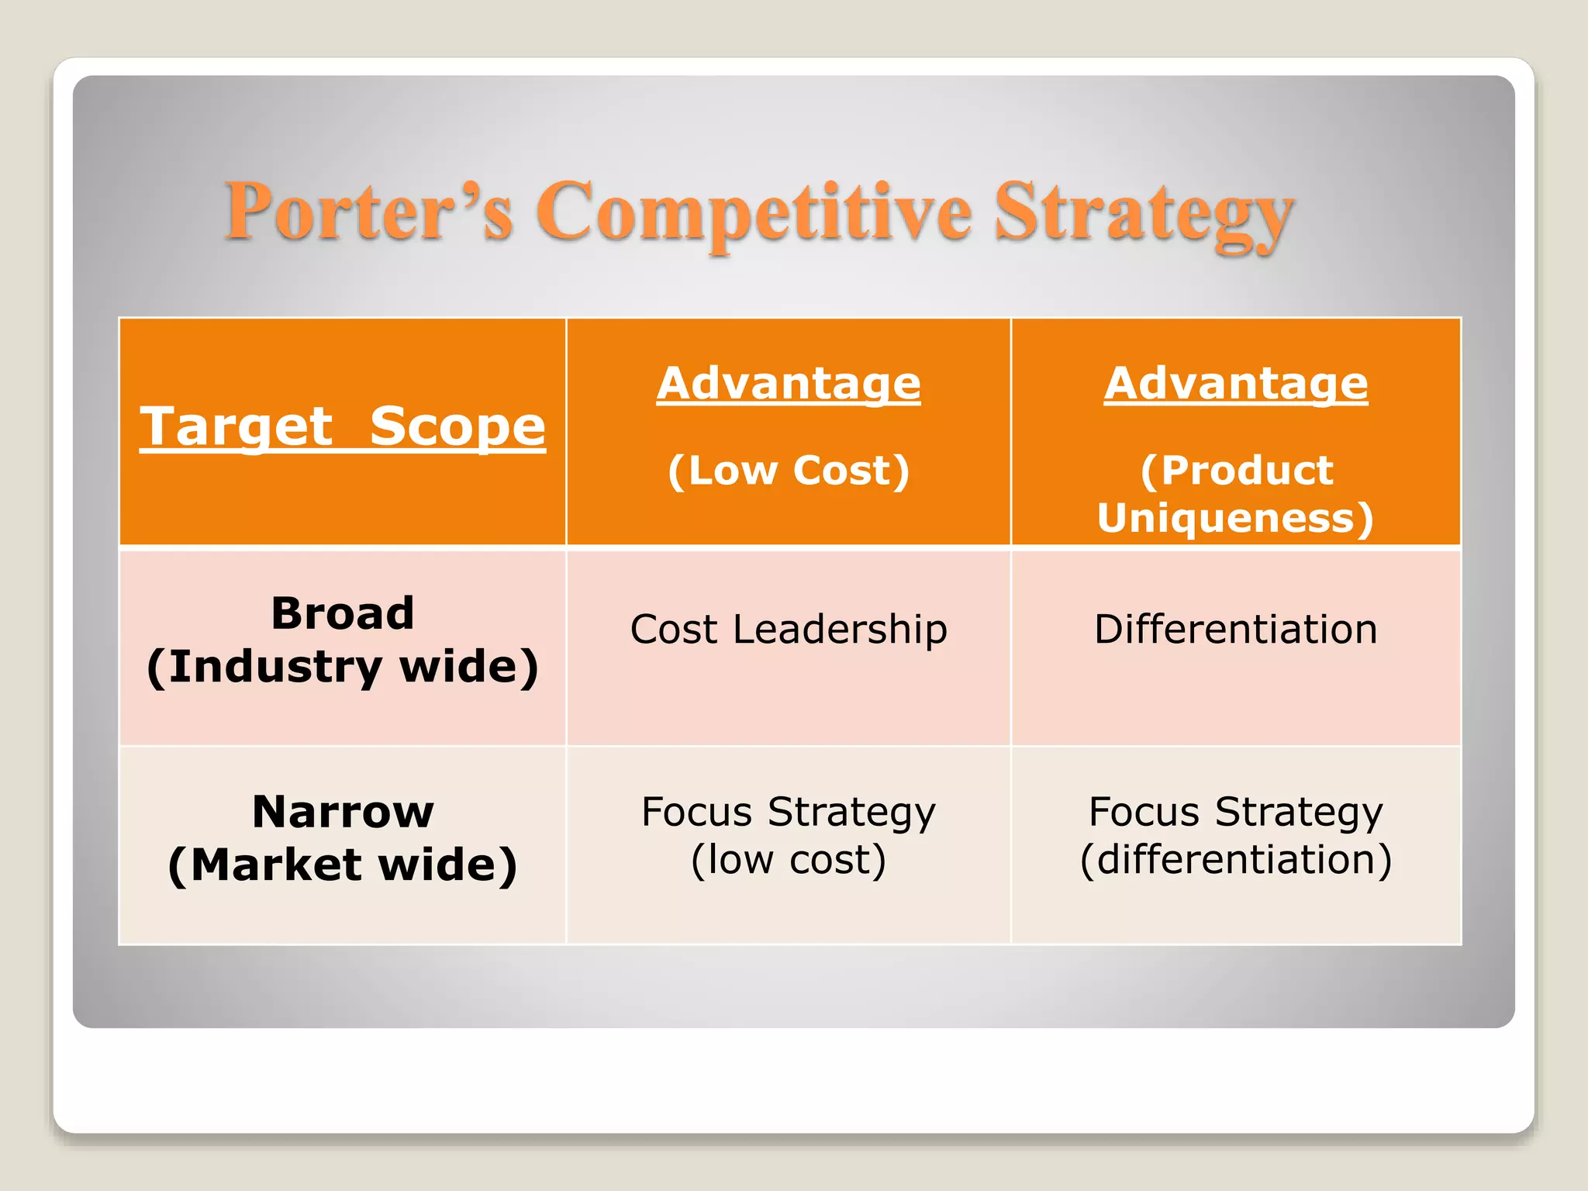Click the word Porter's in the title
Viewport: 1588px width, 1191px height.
tap(368, 212)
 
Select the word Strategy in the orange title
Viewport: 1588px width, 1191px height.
tap(1144, 212)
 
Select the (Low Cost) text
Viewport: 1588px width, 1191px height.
tap(789, 470)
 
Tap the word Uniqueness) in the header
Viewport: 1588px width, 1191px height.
tap(1236, 517)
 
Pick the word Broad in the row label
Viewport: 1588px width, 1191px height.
tap(343, 613)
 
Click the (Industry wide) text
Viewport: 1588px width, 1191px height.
tap(343, 666)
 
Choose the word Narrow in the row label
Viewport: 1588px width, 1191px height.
tap(343, 812)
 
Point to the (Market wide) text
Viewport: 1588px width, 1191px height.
tap(343, 865)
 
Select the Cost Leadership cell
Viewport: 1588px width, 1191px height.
tap(789, 629)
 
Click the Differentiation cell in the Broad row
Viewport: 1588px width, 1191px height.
tap(1236, 629)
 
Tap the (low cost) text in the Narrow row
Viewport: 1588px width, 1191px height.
tap(789, 860)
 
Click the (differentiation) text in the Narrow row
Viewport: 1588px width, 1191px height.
tap(1236, 860)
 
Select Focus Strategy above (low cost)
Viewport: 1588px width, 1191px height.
tap(789, 812)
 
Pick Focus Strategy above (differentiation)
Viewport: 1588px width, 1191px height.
tap(1236, 812)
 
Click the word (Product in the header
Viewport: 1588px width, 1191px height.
tap(1236, 470)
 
